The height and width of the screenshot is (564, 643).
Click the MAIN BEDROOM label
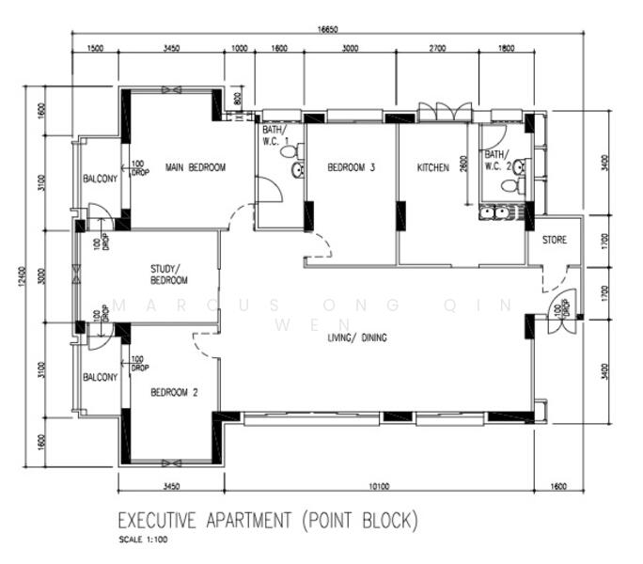(x=196, y=167)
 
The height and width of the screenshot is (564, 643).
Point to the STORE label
(x=555, y=240)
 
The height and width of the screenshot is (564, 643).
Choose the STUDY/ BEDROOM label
(x=169, y=274)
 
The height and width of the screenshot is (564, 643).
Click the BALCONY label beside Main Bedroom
(x=100, y=179)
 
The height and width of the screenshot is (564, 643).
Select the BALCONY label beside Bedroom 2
(x=100, y=377)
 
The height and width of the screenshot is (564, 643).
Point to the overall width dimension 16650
(x=328, y=29)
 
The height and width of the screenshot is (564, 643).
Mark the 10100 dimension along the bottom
(x=379, y=486)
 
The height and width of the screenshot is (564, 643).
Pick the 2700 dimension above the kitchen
(x=437, y=47)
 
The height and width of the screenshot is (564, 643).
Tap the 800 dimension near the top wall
(x=239, y=97)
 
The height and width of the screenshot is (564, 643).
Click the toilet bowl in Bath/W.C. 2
(x=509, y=186)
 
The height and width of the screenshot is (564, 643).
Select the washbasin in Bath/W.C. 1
(x=298, y=170)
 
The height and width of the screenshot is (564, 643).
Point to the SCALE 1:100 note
(x=144, y=540)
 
